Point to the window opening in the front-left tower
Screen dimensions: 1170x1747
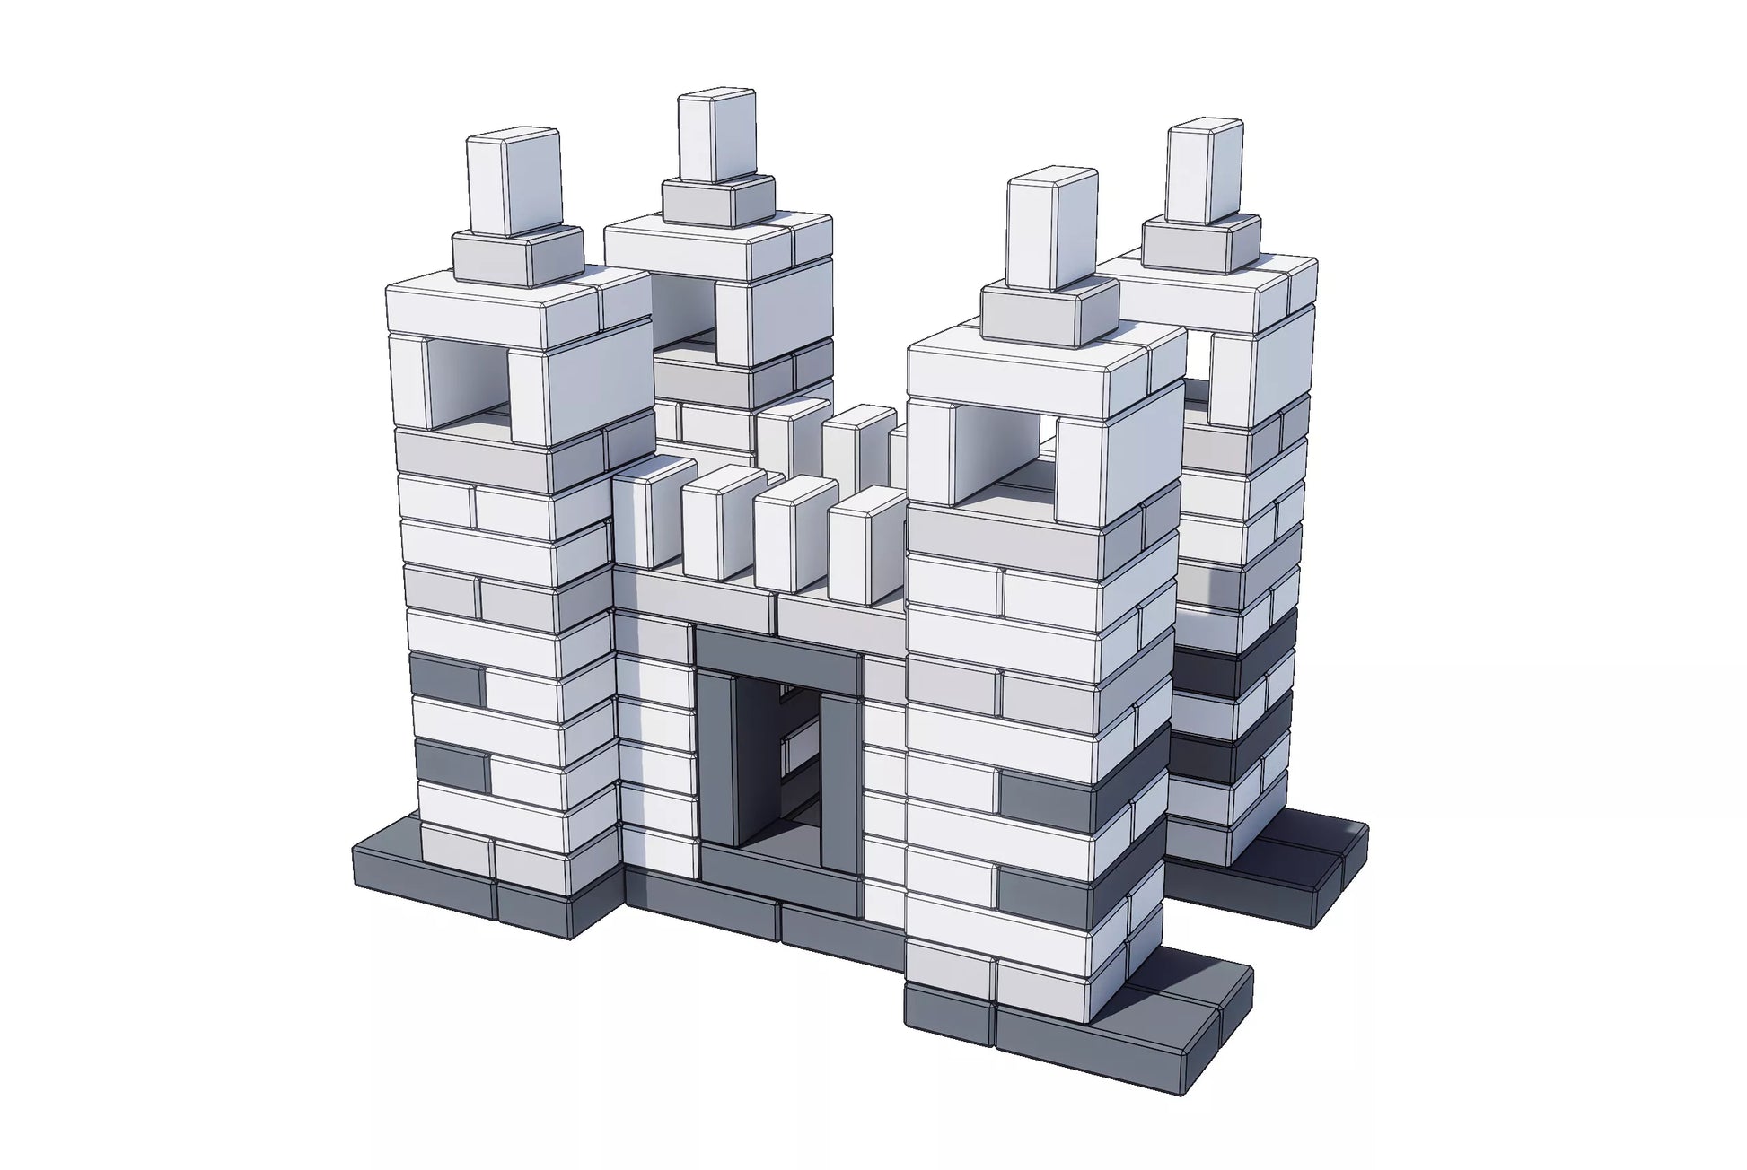click(x=467, y=380)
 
